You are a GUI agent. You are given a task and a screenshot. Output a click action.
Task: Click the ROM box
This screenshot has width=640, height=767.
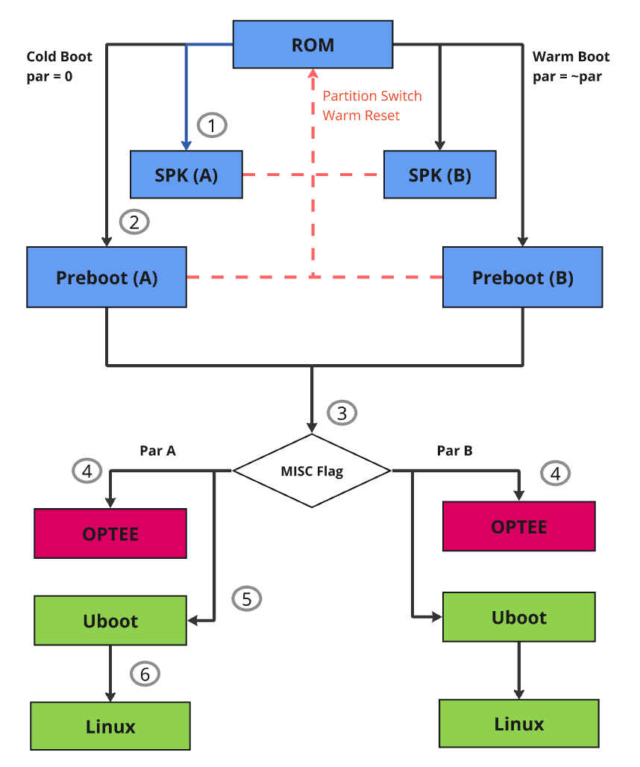pyautogui.click(x=313, y=45)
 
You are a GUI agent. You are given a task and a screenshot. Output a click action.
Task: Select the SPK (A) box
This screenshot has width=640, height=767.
pyautogui.click(x=186, y=175)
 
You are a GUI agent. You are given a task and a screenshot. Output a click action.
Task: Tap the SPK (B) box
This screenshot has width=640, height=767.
pyautogui.click(x=440, y=175)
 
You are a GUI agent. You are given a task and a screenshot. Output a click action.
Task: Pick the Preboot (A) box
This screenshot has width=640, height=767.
pyautogui.click(x=107, y=278)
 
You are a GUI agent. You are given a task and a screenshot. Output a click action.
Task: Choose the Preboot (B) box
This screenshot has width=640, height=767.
pyautogui.click(x=523, y=278)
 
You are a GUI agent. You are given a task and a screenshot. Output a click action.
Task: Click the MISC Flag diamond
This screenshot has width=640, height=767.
pyautogui.click(x=312, y=471)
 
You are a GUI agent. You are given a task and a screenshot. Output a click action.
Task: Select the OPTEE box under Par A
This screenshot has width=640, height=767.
pyautogui.click(x=110, y=533)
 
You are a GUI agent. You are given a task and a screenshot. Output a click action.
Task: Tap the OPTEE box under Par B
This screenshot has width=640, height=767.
pyautogui.click(x=519, y=526)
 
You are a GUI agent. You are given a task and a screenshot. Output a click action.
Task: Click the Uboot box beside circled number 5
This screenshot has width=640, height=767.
pyautogui.click(x=110, y=620)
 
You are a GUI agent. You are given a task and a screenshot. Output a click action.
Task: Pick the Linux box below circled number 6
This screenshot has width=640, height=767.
pyautogui.click(x=110, y=726)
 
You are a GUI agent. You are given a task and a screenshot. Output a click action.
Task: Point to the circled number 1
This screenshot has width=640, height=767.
pyautogui.click(x=212, y=125)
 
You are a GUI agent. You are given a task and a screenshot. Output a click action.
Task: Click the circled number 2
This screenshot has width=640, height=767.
pyautogui.click(x=134, y=222)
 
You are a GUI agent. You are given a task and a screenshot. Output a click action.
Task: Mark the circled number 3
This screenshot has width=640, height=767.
pyautogui.click(x=342, y=413)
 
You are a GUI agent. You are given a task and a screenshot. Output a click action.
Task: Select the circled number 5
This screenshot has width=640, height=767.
pyautogui.click(x=247, y=598)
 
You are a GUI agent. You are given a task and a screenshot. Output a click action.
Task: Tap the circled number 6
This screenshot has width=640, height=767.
pyautogui.click(x=145, y=674)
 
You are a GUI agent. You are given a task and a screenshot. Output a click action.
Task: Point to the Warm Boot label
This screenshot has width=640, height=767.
pyautogui.click(x=571, y=57)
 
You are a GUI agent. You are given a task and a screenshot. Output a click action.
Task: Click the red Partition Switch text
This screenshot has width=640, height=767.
pyautogui.click(x=371, y=96)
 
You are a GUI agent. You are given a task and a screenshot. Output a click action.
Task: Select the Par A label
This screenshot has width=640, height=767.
pyautogui.click(x=157, y=451)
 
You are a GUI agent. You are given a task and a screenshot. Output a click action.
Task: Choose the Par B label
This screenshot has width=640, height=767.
pyautogui.click(x=454, y=451)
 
